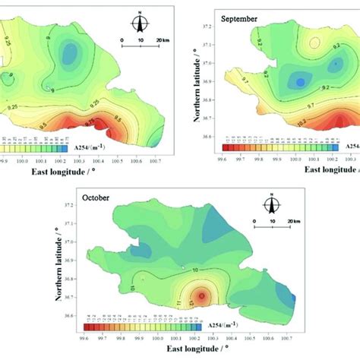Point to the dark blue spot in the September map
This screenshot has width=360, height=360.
(300, 82)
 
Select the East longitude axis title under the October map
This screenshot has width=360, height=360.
(179, 351)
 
